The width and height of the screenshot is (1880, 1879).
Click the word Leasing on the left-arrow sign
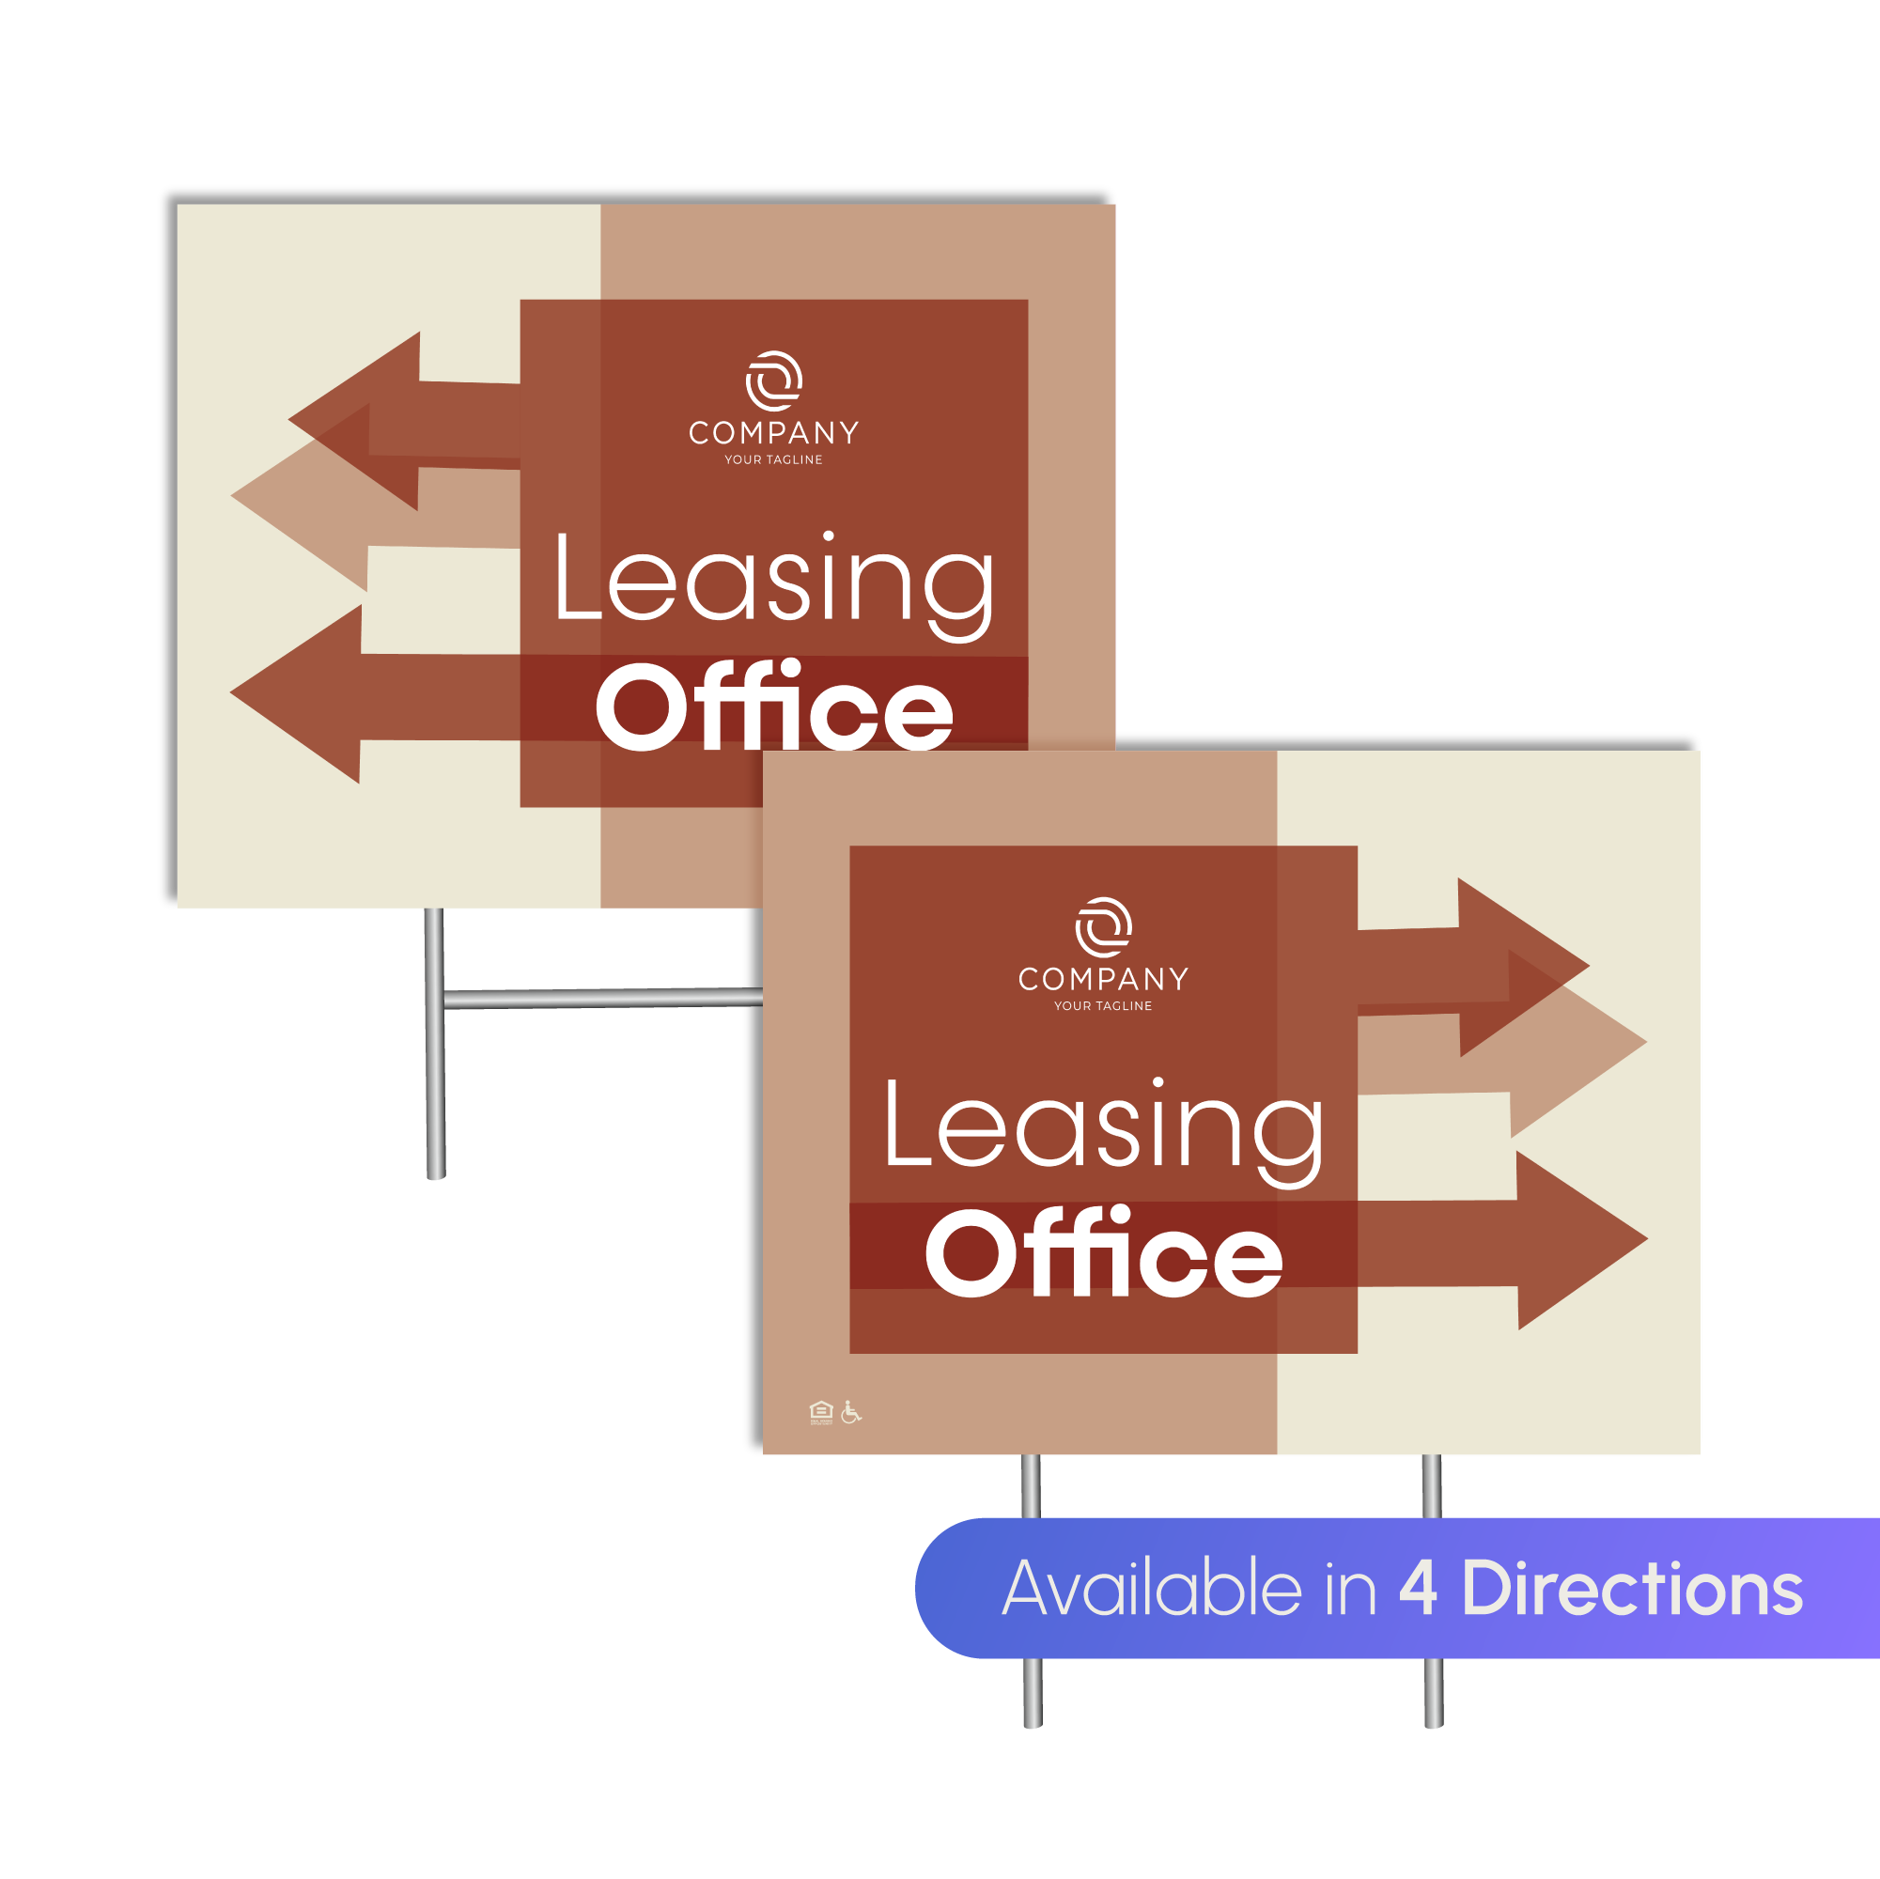point(773,580)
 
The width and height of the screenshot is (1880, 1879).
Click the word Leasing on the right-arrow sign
point(1103,1126)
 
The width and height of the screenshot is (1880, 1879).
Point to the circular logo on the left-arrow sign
point(773,380)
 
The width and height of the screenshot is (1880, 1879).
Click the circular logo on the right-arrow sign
point(1103,926)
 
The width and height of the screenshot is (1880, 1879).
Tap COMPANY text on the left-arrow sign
point(773,433)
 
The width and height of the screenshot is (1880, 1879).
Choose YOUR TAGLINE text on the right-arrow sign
point(1102,1006)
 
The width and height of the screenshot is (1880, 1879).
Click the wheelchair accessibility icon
point(850,1412)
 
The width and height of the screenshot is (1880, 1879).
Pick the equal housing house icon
point(821,1412)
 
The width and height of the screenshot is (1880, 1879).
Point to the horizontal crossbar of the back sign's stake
point(603,999)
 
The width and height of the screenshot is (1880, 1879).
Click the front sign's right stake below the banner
point(1433,1692)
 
